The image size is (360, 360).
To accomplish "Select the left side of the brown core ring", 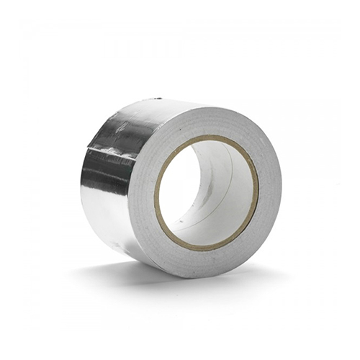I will click(157, 193).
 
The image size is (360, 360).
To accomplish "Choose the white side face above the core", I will click(209, 119).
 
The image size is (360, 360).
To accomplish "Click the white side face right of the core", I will click(269, 191).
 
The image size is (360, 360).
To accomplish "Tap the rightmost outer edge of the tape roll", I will click(282, 189).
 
